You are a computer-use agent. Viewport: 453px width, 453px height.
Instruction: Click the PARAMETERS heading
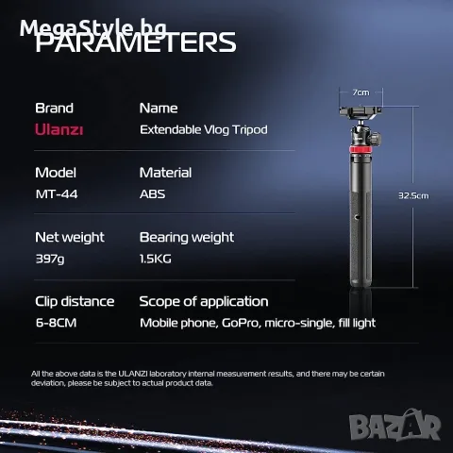[136, 42]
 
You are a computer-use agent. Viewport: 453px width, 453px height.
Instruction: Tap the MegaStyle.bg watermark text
[93, 28]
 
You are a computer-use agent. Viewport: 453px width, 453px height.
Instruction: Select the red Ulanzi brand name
[59, 129]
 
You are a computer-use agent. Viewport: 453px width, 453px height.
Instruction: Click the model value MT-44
[57, 193]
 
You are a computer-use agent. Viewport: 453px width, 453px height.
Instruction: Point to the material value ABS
[152, 193]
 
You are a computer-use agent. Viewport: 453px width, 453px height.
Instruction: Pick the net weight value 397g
[50, 259]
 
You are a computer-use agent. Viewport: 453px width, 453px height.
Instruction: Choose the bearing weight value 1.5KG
[156, 259]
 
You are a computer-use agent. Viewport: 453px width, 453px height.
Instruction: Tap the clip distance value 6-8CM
[56, 323]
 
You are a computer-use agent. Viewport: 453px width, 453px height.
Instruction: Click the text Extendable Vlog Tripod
[204, 129]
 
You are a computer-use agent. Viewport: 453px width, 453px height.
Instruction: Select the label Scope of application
[204, 301]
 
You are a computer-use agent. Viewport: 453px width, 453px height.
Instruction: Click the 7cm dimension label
[361, 92]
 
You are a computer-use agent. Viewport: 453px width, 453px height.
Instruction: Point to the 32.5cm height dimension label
[413, 195]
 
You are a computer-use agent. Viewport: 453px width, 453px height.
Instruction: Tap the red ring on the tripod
[361, 148]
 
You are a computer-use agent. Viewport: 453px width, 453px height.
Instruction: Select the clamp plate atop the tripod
[361, 111]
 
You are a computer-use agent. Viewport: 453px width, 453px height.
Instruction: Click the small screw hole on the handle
[358, 217]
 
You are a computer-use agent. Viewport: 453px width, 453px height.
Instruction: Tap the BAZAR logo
[394, 426]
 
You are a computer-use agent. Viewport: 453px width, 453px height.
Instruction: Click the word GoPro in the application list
[242, 323]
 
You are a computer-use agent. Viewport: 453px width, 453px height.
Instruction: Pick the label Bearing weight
[187, 237]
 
